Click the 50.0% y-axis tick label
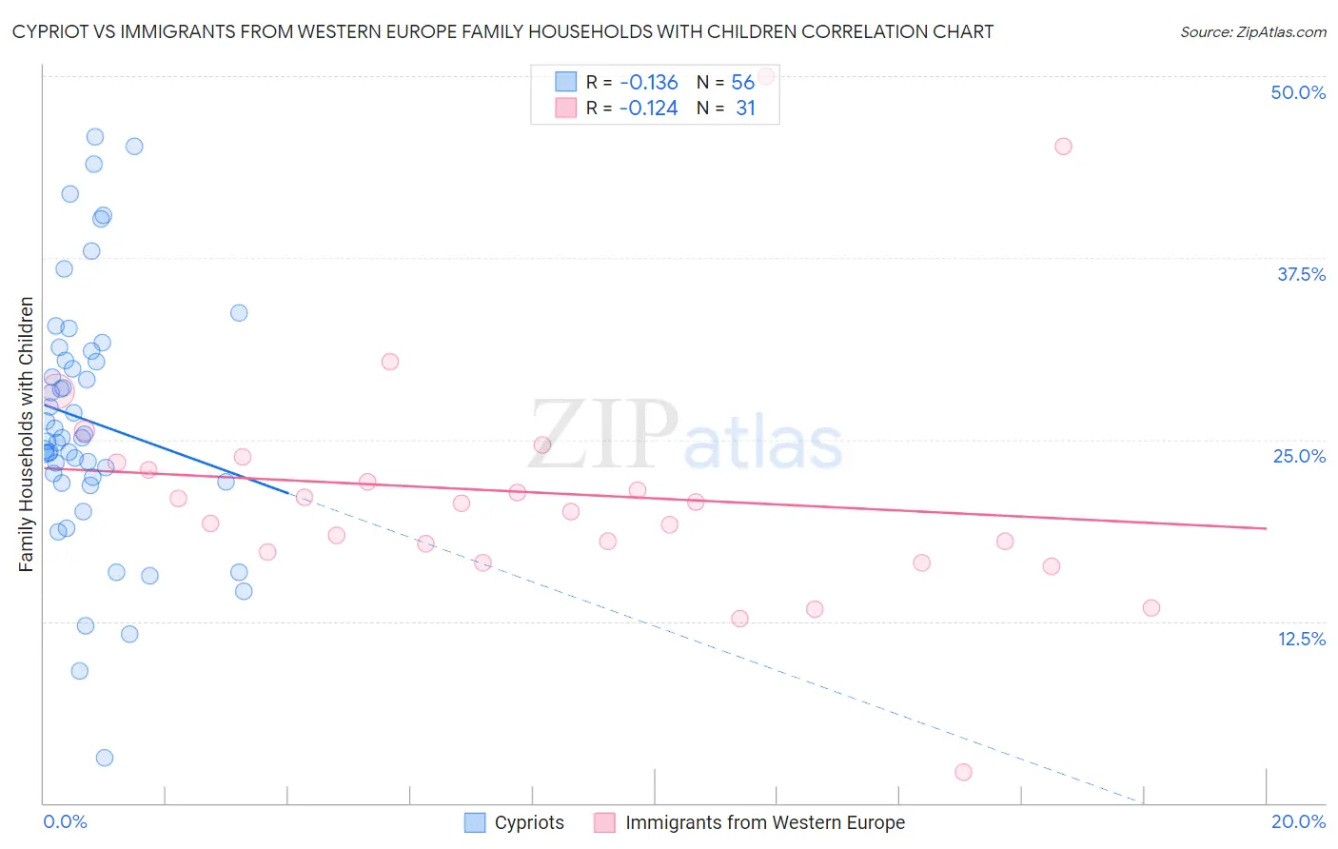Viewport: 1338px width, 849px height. pos(1298,92)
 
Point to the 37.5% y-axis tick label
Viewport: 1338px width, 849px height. pos(1301,274)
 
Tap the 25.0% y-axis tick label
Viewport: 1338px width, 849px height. pos(1299,456)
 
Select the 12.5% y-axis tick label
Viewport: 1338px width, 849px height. pos(1301,639)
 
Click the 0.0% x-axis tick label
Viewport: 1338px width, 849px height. pos(65,821)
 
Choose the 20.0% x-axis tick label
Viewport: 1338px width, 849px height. pos(1298,821)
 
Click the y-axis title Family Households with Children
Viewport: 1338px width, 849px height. pos(26,434)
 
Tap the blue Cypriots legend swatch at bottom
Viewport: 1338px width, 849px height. pos(475,822)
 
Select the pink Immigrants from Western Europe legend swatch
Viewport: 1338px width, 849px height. pos(604,822)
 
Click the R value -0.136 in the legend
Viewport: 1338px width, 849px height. pos(648,82)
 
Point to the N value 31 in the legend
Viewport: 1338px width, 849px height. pos(745,109)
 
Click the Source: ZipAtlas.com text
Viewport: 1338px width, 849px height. pos(1252,31)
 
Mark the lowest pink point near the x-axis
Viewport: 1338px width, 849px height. pos(963,772)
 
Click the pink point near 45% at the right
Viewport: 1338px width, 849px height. pos(1063,147)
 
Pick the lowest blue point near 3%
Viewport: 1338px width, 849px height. pos(105,758)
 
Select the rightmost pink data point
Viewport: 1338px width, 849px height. pos(1151,607)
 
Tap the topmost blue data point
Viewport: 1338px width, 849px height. pos(95,137)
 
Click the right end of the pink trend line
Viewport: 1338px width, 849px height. pos(1266,528)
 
